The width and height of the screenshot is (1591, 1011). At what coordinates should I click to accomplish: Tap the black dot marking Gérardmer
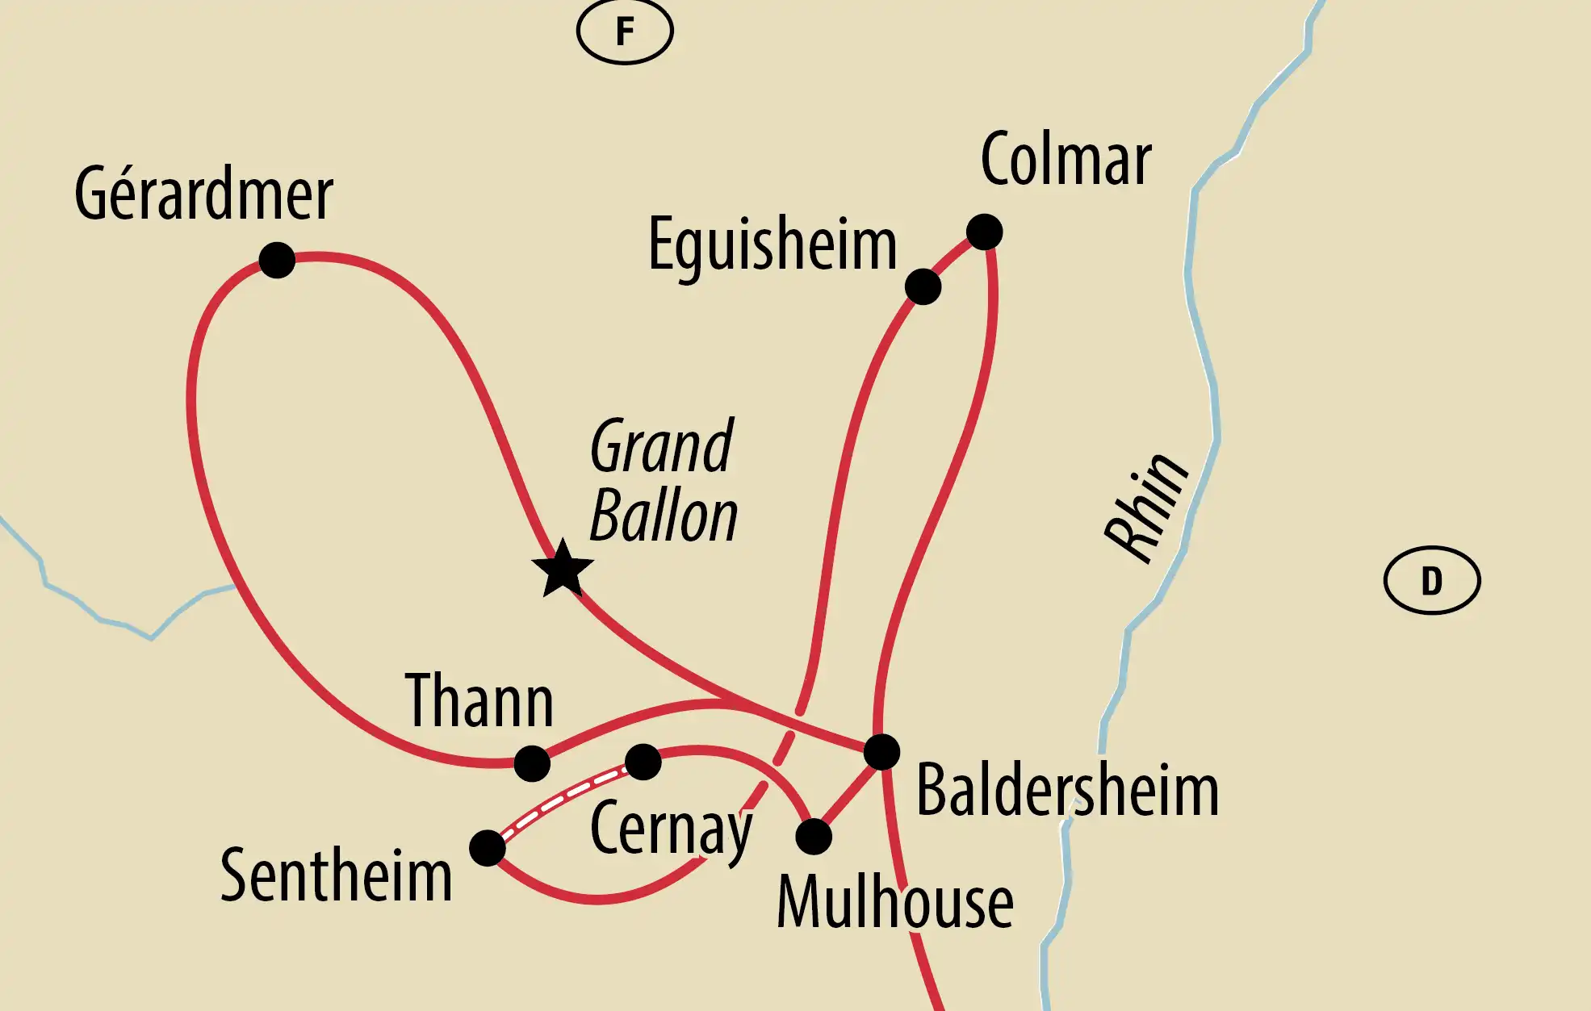(277, 260)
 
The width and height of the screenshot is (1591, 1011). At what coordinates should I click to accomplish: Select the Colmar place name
(1066, 160)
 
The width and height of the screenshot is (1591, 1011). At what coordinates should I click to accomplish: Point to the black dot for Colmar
(984, 232)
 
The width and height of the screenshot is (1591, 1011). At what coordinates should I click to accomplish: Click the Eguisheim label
(772, 245)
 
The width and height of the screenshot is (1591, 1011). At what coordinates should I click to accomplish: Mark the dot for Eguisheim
(923, 286)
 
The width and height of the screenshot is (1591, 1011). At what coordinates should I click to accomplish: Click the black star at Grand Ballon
(563, 570)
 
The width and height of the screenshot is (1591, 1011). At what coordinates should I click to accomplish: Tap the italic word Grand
(661, 446)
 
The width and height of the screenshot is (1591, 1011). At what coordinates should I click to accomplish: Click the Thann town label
(479, 700)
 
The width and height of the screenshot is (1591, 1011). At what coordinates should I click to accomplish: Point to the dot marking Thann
(532, 762)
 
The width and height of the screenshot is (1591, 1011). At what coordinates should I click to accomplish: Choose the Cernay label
(671, 829)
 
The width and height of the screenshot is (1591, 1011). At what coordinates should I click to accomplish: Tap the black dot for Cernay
(643, 761)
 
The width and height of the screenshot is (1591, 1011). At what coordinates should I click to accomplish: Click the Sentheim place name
(336, 875)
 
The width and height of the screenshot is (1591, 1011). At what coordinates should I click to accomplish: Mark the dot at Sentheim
(488, 848)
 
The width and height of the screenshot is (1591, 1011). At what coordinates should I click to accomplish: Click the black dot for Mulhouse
(814, 837)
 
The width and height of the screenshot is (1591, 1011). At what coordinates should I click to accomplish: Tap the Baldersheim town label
(1067, 791)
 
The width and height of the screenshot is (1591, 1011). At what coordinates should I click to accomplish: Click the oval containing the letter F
(625, 31)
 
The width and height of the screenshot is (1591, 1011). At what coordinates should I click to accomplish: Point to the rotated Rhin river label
(1145, 508)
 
